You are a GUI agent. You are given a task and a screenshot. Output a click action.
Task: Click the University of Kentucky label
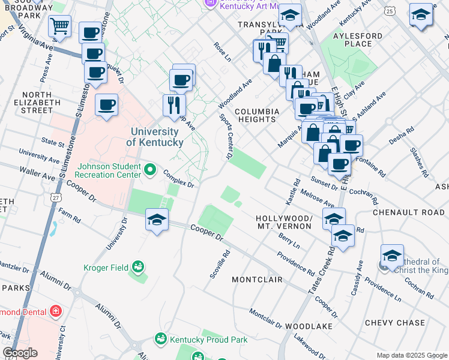click(x=155, y=137)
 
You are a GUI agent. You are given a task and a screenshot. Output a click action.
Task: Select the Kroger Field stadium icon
click(x=139, y=266)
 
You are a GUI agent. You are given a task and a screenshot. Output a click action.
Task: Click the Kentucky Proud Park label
click(x=208, y=340)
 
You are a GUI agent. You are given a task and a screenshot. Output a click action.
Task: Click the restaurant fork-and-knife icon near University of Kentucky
click(x=174, y=104)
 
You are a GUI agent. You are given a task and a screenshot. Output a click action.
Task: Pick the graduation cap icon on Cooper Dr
click(x=157, y=220)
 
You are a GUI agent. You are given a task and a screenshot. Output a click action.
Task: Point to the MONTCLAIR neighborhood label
click(x=257, y=280)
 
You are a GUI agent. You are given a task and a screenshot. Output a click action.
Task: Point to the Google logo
click(x=20, y=352)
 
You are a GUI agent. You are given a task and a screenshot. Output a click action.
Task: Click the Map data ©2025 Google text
click(x=411, y=355)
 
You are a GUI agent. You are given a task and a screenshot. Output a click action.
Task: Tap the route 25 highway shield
click(x=390, y=11)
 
